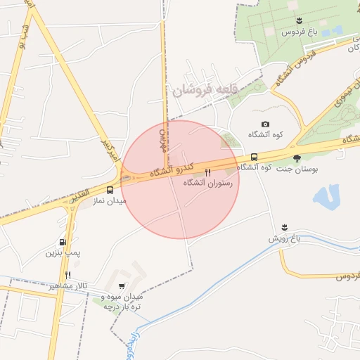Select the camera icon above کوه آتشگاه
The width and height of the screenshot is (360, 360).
265,124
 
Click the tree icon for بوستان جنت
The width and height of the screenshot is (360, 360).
297,157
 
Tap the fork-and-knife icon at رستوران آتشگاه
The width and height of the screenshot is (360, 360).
207,172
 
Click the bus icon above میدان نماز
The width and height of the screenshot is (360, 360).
110,190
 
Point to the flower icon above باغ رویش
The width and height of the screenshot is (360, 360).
284,226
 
